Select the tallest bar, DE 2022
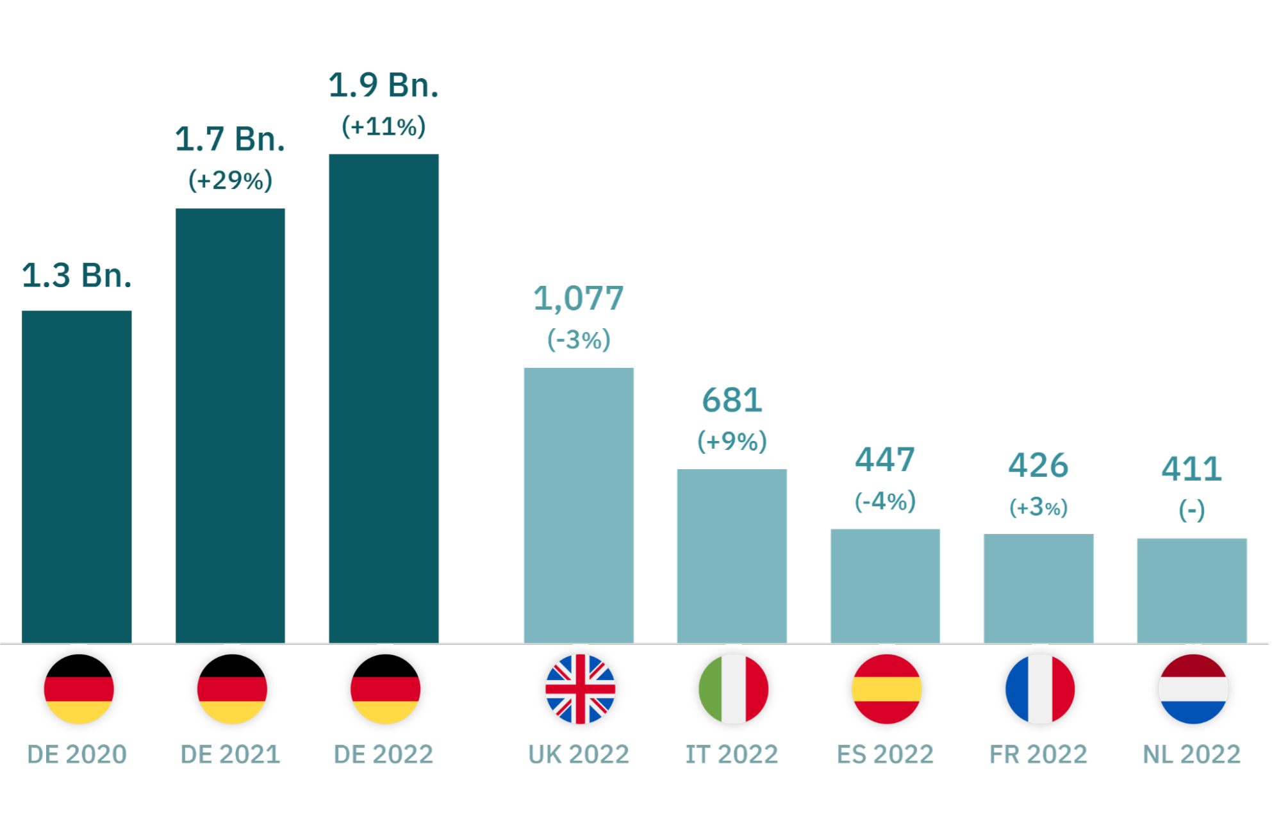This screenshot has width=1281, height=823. [x=383, y=397]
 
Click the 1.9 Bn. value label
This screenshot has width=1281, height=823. [x=383, y=86]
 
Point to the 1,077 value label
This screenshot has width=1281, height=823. [x=578, y=299]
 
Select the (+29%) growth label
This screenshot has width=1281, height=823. [x=230, y=180]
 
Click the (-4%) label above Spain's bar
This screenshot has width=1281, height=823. [x=885, y=501]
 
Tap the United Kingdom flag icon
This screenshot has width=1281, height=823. [x=580, y=690]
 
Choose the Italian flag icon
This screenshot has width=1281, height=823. [x=734, y=690]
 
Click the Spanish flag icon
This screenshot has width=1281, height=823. [x=886, y=690]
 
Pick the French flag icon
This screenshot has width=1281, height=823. [x=1039, y=690]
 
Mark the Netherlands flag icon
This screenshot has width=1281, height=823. [x=1193, y=690]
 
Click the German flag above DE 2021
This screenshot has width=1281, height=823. [x=232, y=690]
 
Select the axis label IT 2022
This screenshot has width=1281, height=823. [x=731, y=754]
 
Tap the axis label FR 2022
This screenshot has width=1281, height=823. [x=1038, y=754]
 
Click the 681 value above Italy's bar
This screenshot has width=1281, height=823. [x=731, y=401]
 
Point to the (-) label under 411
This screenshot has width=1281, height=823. [x=1191, y=510]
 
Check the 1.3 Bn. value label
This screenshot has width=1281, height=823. [x=77, y=276]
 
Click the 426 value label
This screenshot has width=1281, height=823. [x=1038, y=465]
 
